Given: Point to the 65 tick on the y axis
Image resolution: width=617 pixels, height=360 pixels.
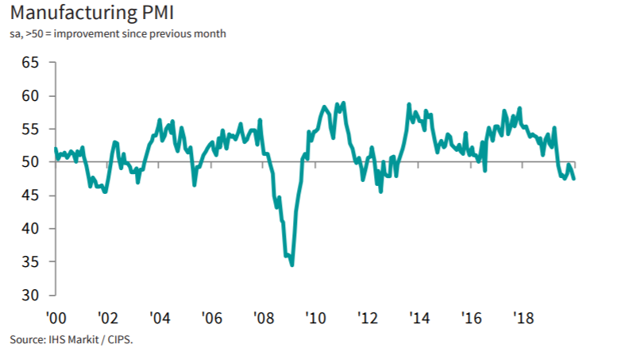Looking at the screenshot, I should [x=30, y=62].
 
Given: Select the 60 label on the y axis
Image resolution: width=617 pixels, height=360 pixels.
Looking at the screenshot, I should [x=30, y=95].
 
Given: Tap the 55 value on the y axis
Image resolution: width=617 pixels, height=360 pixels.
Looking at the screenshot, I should [x=30, y=129].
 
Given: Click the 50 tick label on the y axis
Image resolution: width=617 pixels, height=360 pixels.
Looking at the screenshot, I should [x=30, y=162].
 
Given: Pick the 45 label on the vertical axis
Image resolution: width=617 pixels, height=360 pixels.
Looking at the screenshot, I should [x=30, y=195].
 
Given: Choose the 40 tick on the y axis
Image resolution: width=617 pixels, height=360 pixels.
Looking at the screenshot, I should [x=30, y=229].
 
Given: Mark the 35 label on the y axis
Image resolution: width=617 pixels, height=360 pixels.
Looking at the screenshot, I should [x=30, y=262].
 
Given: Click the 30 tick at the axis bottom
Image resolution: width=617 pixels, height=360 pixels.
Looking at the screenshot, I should [x=30, y=295].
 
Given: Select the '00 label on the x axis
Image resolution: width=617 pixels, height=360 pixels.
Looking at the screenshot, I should [x=56, y=317].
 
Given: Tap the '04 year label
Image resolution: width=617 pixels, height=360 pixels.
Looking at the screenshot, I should [x=160, y=317].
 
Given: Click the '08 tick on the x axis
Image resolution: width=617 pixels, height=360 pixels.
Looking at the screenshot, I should [x=264, y=317].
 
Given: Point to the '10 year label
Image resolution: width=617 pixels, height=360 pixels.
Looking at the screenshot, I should [x=316, y=317].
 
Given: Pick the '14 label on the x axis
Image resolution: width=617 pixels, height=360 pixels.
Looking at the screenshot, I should [x=420, y=317].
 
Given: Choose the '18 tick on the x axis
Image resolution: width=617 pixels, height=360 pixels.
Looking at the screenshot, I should [x=524, y=317].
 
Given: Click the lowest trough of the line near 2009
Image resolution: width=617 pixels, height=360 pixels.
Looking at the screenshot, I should [x=292, y=265].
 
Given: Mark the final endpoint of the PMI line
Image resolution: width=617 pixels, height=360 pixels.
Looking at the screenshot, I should [x=574, y=178].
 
